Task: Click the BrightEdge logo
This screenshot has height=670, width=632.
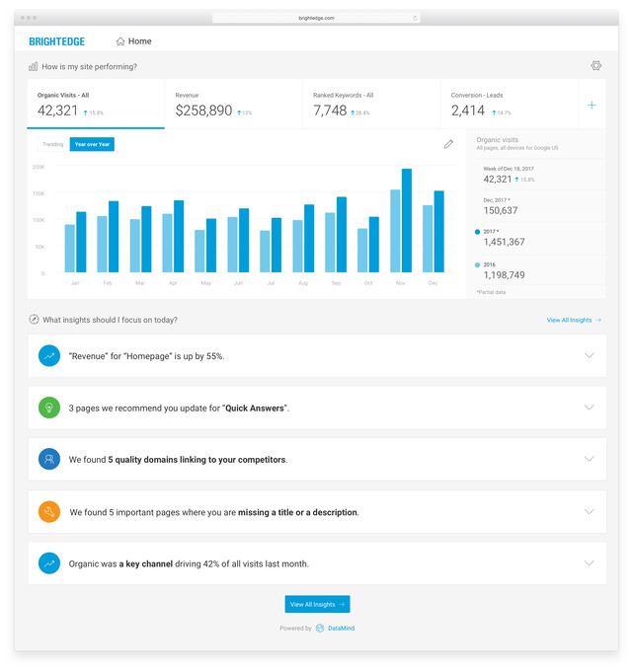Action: point(56,41)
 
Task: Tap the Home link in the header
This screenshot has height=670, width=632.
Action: point(134,41)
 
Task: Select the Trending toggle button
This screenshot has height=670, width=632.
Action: point(52,144)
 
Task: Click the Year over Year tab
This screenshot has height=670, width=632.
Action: point(93,144)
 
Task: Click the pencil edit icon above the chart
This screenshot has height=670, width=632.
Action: point(448,144)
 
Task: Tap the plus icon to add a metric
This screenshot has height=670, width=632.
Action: point(592,105)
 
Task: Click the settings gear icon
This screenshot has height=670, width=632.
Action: point(596,66)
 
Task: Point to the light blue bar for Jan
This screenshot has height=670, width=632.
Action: point(70,248)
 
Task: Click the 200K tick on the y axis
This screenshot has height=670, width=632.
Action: point(39,167)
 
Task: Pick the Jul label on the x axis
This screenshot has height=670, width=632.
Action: point(271,283)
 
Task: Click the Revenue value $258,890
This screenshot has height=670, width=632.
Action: point(203,111)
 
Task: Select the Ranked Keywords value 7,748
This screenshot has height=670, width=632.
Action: point(330,111)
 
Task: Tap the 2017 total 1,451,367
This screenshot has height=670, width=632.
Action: point(504,242)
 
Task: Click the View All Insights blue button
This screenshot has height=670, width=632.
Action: point(317,604)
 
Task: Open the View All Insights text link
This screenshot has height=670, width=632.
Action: point(573,320)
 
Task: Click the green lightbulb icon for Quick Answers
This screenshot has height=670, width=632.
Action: point(49,408)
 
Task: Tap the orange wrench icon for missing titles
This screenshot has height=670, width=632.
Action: point(49,512)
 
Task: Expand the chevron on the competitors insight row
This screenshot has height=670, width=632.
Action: point(589,459)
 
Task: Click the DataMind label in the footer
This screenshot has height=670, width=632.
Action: point(341,628)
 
